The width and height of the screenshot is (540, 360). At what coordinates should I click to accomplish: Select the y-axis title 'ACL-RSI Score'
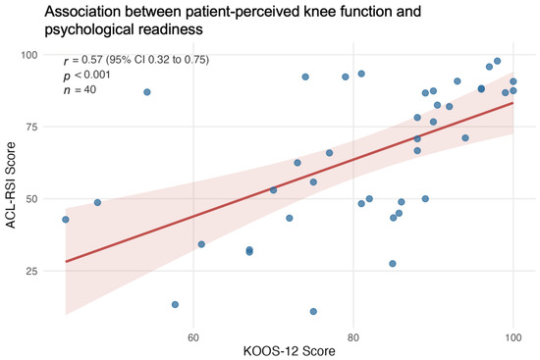11,185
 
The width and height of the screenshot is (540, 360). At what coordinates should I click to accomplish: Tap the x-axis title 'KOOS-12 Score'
290,351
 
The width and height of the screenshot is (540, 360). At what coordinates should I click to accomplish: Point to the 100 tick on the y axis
29,55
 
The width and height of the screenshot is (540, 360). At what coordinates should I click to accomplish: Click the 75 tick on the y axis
31,127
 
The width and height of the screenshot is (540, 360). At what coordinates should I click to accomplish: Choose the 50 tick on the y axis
31,199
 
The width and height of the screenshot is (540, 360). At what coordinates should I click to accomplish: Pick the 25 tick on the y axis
31,271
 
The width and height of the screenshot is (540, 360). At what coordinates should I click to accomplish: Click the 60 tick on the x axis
193,337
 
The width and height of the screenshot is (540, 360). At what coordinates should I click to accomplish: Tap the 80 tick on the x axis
353,337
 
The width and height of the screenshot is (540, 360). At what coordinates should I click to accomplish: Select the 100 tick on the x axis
513,337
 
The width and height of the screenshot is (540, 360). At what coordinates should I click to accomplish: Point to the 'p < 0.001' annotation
86,75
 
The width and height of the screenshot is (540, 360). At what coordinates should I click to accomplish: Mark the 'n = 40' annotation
80,90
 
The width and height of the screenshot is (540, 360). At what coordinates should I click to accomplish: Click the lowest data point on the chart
313,312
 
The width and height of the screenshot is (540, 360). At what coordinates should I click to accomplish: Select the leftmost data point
66,220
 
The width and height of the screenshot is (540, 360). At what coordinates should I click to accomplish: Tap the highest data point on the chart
498,61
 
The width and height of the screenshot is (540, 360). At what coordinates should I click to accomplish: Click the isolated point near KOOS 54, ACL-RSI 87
147,92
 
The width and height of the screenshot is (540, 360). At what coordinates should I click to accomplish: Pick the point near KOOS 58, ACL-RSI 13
175,305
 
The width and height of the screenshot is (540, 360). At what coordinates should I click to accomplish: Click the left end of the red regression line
66,262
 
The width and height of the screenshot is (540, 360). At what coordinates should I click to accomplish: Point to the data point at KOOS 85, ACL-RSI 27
393,264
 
